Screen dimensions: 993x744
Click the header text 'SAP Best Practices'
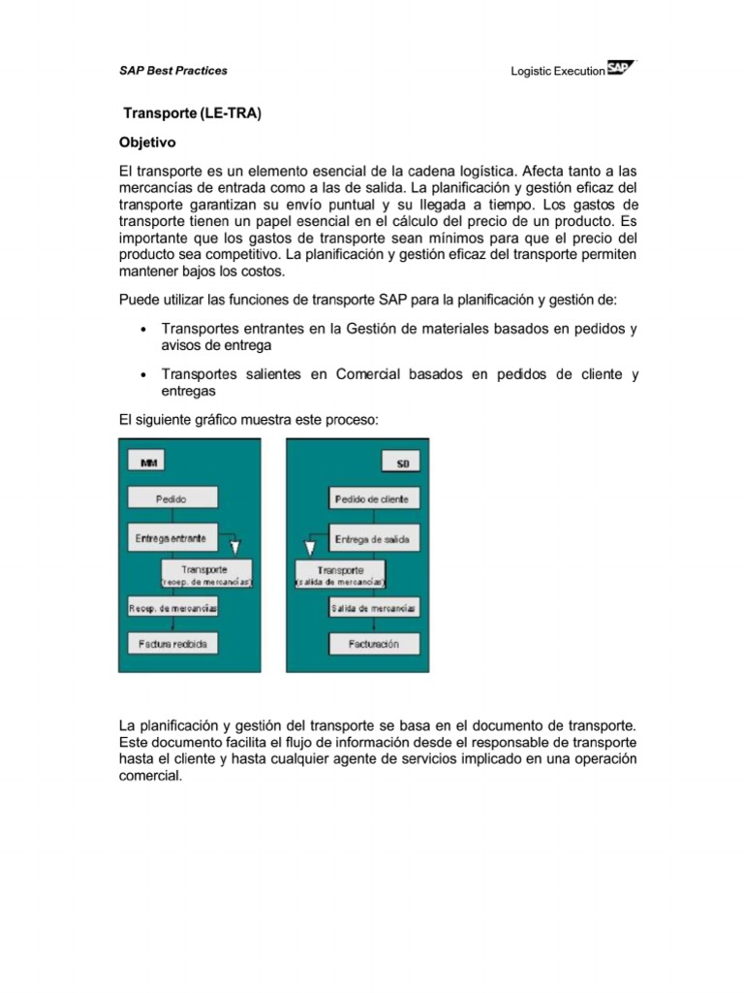173,71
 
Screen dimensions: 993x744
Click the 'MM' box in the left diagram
149,464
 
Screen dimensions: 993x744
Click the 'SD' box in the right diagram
402,464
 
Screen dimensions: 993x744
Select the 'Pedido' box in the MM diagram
171,498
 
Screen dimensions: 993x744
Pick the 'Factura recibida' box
172,644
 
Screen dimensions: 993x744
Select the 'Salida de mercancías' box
374,608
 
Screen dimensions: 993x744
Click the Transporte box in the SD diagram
341,574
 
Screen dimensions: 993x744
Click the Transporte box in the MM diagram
205,573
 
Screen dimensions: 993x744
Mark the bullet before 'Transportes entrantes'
143,330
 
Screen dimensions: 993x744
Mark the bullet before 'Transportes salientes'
143,375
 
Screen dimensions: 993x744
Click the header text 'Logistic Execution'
557,72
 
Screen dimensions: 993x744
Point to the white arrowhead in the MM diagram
235,547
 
